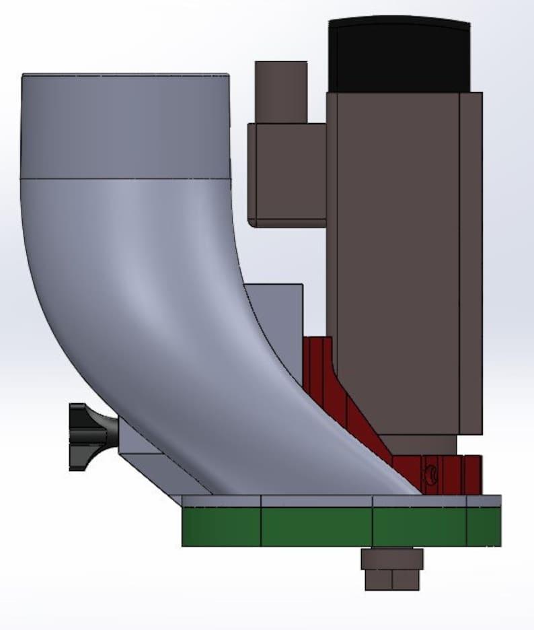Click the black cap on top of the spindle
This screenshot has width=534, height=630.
coord(398,54)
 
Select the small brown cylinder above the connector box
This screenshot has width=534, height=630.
coord(280,91)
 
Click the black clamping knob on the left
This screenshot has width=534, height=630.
coord(91,436)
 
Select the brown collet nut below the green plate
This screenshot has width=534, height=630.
coord(392,559)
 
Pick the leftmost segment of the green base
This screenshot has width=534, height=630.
coord(221,526)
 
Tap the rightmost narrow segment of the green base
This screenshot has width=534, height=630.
coord(484,526)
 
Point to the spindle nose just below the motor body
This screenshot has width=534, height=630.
coord(422,444)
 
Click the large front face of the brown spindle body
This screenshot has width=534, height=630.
coord(393,262)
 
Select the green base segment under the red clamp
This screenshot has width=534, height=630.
coord(419,526)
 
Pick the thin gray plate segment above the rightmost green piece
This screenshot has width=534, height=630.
coord(484,501)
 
